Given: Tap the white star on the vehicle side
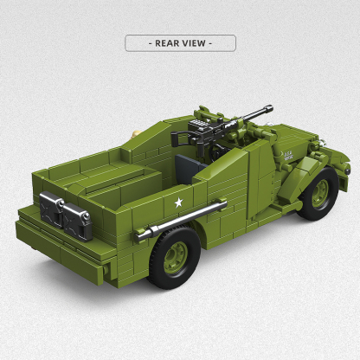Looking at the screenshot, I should (179, 202).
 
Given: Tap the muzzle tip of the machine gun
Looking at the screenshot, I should (270, 107).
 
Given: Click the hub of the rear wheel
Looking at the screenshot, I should (176, 257).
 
